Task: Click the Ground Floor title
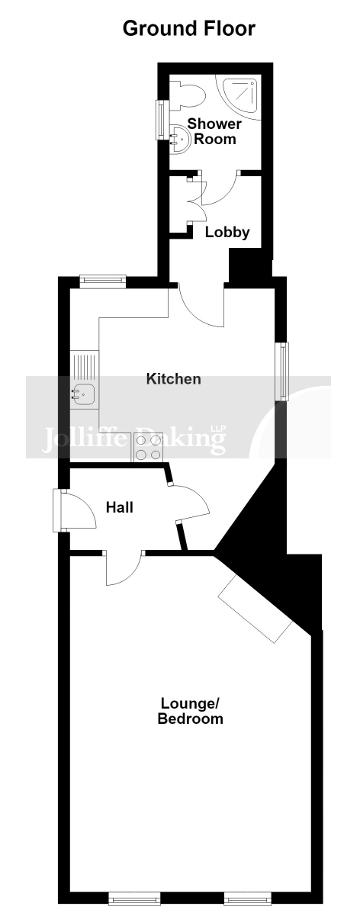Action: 188,28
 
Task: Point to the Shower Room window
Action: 159,120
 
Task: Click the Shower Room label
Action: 214,131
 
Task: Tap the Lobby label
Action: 227,233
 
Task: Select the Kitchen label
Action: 173,379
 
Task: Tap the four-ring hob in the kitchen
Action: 147,448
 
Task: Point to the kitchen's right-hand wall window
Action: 282,371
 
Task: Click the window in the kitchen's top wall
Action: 103,281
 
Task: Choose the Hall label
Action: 120,507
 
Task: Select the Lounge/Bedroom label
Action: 191,710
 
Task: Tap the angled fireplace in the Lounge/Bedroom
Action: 256,607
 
